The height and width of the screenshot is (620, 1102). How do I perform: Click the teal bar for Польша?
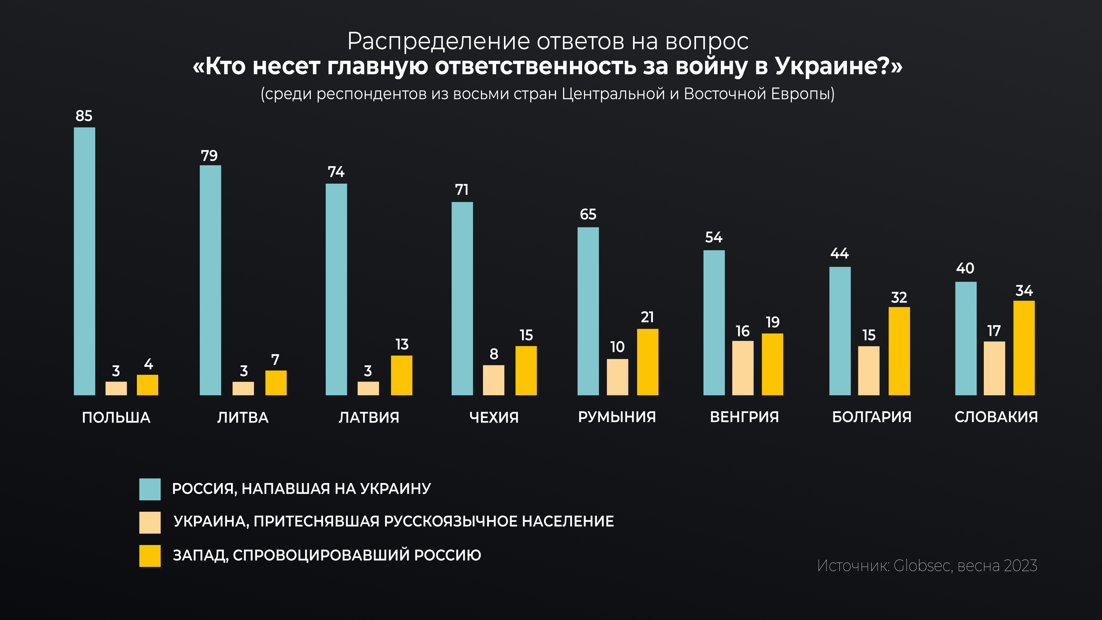(x=84, y=261)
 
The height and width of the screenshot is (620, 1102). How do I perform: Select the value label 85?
(x=84, y=116)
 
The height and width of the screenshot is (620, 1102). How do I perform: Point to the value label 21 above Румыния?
(x=647, y=317)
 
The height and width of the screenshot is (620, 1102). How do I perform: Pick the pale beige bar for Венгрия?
(x=743, y=368)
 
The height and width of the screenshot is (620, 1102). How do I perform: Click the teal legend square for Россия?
(x=150, y=489)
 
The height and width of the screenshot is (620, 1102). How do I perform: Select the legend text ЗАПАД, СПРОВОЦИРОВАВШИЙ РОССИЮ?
(x=327, y=555)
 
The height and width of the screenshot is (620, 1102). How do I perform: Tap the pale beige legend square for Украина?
(x=150, y=522)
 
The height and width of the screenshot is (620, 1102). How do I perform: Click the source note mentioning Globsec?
(x=927, y=566)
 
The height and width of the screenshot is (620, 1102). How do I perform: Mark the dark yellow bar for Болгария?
(x=899, y=351)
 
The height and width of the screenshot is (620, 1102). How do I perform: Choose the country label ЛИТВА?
(x=242, y=417)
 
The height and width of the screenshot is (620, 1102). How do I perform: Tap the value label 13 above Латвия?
(x=402, y=344)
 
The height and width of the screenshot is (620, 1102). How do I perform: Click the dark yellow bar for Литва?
(x=276, y=383)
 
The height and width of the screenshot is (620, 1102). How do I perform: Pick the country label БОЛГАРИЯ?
(x=872, y=417)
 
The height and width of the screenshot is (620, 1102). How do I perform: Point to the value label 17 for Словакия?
(x=994, y=331)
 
